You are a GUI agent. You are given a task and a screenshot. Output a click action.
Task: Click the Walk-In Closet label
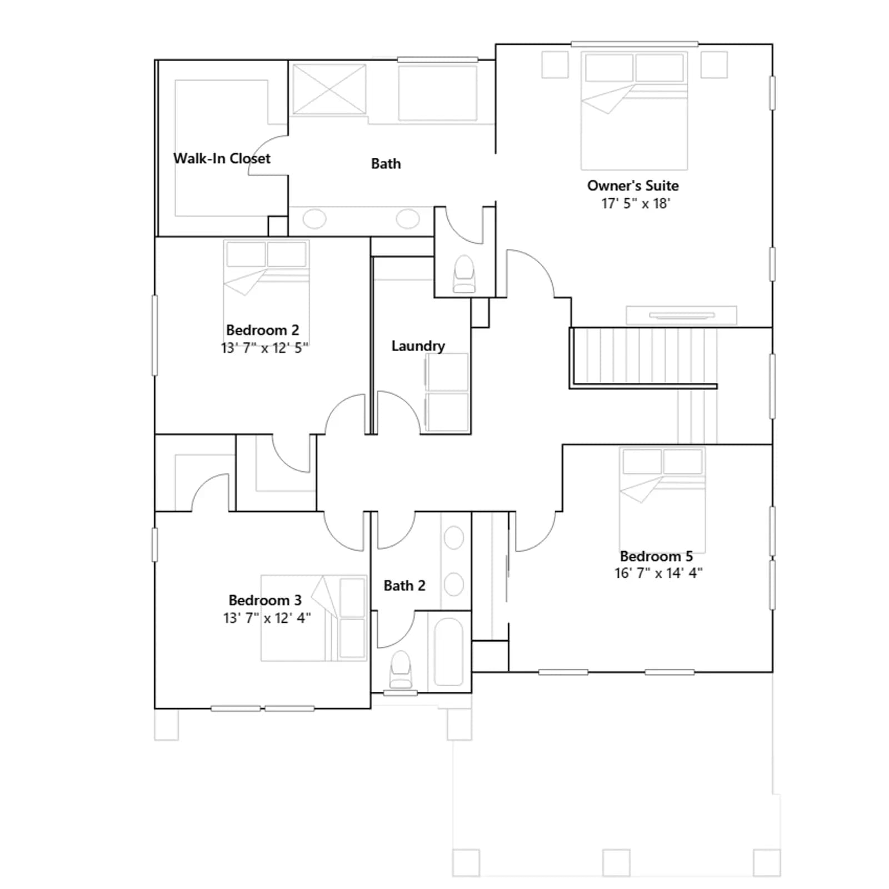point(222,158)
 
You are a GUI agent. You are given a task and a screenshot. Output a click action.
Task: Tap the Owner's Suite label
point(633,186)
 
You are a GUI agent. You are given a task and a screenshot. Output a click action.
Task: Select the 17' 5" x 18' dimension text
point(636,203)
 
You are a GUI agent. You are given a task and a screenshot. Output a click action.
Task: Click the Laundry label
point(418,346)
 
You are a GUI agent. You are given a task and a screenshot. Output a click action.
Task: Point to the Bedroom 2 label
point(262,330)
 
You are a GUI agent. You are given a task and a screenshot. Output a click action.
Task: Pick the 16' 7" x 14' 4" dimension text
point(658,573)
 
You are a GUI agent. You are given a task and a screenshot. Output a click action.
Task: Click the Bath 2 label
point(404,586)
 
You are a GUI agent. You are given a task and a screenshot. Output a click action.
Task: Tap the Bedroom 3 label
point(265,600)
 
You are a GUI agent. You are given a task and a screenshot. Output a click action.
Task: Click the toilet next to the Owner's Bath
point(465,274)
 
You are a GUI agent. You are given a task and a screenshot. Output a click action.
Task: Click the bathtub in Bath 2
point(448,652)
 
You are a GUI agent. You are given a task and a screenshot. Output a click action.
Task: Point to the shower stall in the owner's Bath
point(329,89)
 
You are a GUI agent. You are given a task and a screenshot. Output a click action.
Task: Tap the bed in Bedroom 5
point(662,500)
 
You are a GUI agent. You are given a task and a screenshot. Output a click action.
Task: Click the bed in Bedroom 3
point(314,618)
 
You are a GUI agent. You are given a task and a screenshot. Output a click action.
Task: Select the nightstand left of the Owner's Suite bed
point(555,64)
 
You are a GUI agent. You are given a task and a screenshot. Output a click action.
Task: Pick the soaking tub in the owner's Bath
point(438,93)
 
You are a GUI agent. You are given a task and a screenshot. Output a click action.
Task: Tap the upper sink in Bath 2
point(454,538)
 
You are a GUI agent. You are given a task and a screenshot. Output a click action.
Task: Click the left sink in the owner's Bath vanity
point(314,218)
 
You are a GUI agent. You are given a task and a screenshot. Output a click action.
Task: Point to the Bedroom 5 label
point(656,556)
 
